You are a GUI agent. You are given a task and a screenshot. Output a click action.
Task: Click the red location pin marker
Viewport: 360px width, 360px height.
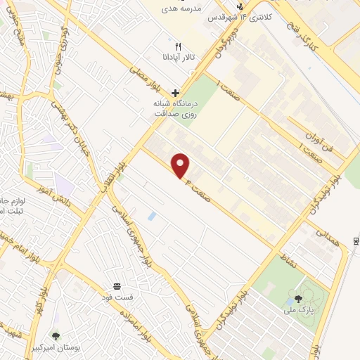coord(181,165)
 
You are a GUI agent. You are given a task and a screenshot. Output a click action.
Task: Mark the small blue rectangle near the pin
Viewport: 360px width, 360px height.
coord(151,216)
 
